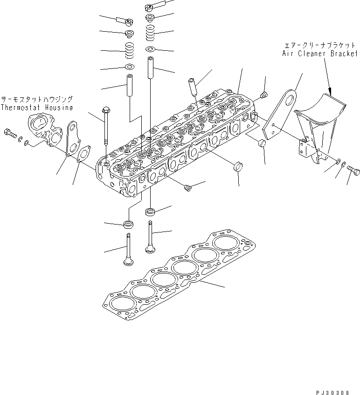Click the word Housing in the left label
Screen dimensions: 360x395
click(59, 108)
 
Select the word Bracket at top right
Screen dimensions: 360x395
click(344, 54)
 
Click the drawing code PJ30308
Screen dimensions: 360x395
click(332, 393)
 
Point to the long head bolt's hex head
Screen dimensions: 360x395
click(105, 110)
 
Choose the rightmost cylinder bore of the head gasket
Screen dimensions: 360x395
click(226, 242)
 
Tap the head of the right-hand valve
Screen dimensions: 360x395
click(150, 249)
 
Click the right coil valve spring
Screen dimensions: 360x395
click(150, 33)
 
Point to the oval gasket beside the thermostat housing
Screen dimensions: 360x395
click(84, 154)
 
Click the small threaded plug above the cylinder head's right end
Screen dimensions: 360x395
click(264, 95)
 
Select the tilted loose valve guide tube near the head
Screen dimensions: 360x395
click(192, 87)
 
